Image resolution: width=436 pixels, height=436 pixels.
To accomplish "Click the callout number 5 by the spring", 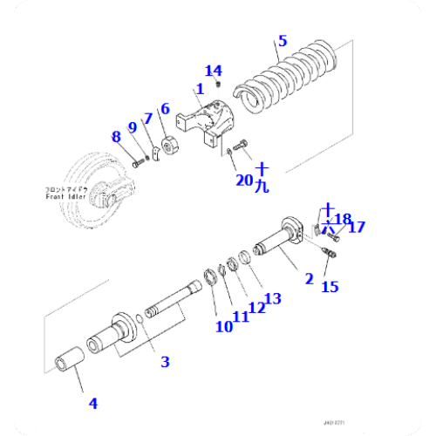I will click(281, 40).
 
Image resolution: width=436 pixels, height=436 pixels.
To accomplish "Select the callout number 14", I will click(214, 71).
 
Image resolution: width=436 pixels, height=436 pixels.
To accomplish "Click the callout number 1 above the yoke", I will click(200, 88).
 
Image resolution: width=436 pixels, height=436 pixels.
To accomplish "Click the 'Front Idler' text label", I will click(66, 194).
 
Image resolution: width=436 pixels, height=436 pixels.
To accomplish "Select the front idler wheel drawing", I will click(96, 187).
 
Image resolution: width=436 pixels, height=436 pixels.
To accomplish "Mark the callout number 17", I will click(356, 227).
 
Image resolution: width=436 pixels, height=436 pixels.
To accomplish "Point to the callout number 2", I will click(309, 279).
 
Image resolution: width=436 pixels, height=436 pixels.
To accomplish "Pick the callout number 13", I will click(272, 299).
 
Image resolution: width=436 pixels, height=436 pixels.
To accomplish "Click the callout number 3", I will click(164, 362).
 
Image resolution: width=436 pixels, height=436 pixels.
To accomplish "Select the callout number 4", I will click(92, 403).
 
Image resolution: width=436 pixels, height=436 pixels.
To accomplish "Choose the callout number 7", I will click(148, 118).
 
